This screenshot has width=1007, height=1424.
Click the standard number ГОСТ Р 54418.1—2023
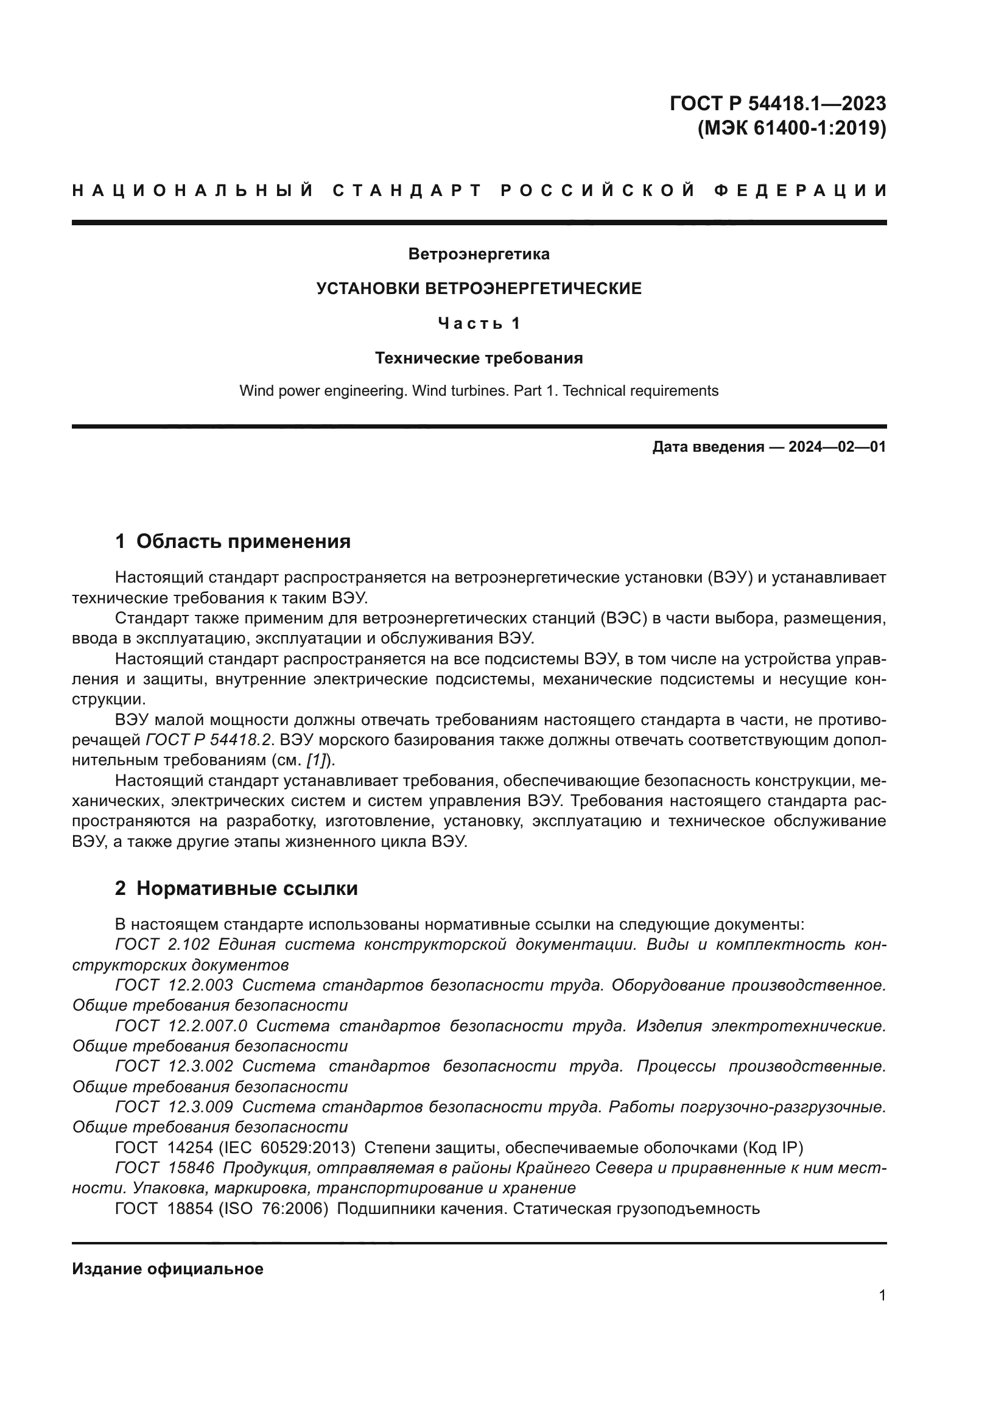coord(777,103)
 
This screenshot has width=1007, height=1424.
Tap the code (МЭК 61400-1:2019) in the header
coord(792,128)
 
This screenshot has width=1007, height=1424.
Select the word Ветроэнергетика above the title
coord(479,254)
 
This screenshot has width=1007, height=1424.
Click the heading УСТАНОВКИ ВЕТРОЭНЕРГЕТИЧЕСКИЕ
coord(479,289)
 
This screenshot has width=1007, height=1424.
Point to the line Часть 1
coord(479,323)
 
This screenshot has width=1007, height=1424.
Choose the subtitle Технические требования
coord(479,358)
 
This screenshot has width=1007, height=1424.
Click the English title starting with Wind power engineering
coord(479,391)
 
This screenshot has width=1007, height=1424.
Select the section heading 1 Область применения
coord(233,541)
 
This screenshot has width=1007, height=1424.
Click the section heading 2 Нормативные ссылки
coord(236,889)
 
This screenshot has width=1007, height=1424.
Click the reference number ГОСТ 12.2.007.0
coord(181,1026)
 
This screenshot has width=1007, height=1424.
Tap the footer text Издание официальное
coord(167,1269)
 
